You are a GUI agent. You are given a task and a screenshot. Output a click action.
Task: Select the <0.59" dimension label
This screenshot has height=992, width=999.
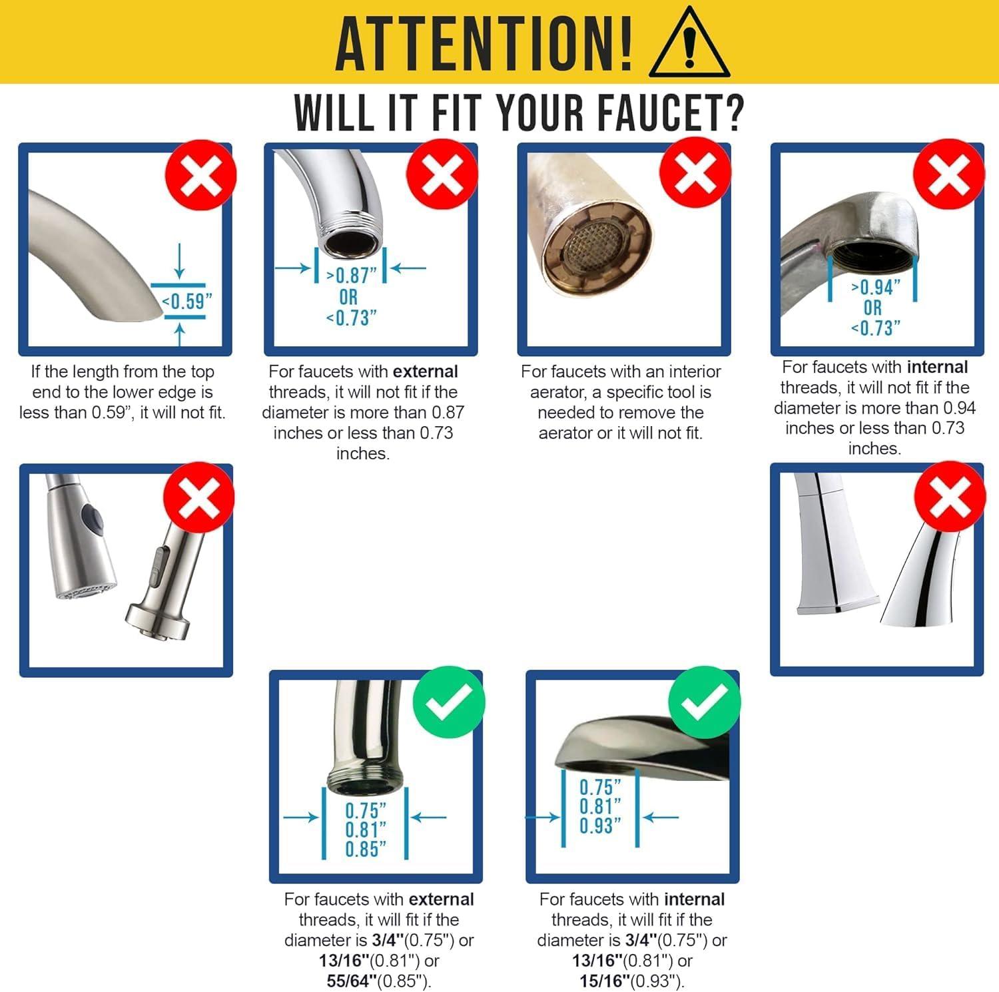pyautogui.click(x=186, y=302)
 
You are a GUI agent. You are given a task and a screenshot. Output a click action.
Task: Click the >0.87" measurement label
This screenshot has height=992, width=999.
pyautogui.click(x=351, y=275)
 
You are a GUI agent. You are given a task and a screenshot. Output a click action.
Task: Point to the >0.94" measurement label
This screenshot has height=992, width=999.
pyautogui.click(x=875, y=288)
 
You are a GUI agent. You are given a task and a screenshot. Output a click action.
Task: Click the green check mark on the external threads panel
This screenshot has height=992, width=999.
pyautogui.click(x=448, y=702)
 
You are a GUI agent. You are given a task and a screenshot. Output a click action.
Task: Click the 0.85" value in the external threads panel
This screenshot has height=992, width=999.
pyautogui.click(x=366, y=850)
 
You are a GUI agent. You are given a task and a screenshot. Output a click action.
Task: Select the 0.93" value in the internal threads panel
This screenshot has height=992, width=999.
pyautogui.click(x=600, y=826)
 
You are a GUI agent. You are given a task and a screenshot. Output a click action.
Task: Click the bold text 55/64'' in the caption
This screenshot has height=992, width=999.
pyautogui.click(x=347, y=981)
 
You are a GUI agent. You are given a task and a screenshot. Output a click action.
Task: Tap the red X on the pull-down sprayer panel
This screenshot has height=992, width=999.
pyautogui.click(x=199, y=497)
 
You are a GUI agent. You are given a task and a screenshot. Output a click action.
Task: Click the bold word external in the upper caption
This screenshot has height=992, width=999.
pyautogui.click(x=426, y=372)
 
